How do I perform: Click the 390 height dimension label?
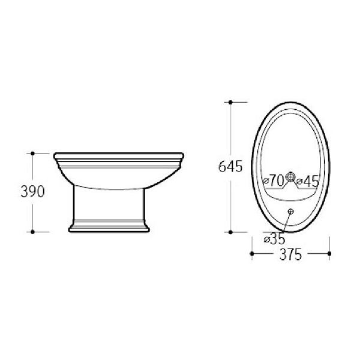pyautogui.click(x=32, y=191)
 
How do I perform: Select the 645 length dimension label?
pyautogui.click(x=230, y=166)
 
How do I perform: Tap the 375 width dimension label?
pyautogui.click(x=290, y=254)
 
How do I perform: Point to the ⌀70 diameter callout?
pyautogui.click(x=274, y=181)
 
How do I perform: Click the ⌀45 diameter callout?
pyautogui.click(x=307, y=181)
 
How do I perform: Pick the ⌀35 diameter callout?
pyautogui.click(x=274, y=238)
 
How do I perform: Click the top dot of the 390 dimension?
pyautogui.click(x=32, y=153)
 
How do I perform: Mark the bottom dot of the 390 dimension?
pyautogui.click(x=32, y=232)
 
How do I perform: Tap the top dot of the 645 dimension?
pyautogui.click(x=231, y=103)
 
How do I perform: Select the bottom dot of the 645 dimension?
pyautogui.click(x=231, y=232)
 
